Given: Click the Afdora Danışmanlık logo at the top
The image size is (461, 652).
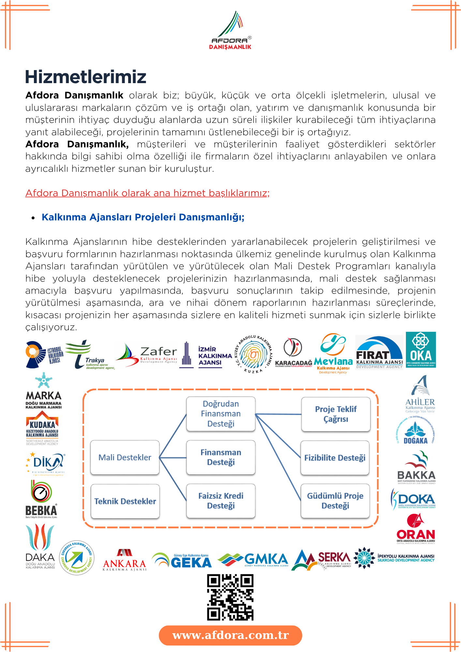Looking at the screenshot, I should pos(230,30).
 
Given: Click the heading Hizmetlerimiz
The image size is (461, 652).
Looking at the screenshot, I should pos(86,77).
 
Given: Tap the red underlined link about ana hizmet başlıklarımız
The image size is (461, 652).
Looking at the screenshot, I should pos(147,193).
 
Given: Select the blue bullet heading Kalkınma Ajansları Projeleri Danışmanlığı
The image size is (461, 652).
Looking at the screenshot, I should pos(143,217).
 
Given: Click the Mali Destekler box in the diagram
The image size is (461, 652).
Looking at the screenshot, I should pos(125,457).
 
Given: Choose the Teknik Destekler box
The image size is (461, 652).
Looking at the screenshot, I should pos(125,501).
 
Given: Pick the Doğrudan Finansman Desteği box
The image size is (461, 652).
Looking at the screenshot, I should pos(221,414).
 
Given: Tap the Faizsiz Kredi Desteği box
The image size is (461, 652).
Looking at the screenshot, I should pos(221,501).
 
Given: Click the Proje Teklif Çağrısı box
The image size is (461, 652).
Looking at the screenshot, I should pos(336,414).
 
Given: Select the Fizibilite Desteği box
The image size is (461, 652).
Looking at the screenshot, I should pos(335,458).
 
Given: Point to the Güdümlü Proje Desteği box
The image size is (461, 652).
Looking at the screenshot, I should pos(335,501).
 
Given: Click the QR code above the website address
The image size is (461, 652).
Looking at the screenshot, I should pos(230,597).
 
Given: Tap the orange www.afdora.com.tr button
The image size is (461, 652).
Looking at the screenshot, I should pos(230,635).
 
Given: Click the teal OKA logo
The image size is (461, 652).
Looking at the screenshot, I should pos(421,350).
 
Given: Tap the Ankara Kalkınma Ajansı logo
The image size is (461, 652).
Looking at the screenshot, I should pos(125,560).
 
